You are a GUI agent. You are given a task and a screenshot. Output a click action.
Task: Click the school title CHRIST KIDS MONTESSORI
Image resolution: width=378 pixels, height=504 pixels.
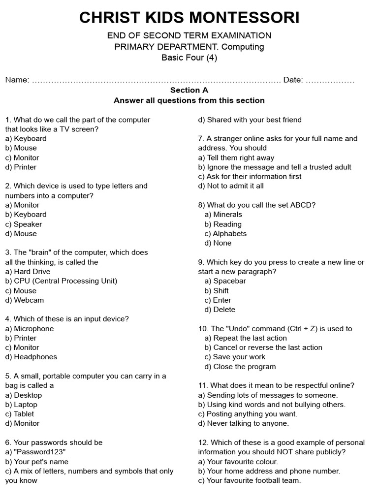point(189,18)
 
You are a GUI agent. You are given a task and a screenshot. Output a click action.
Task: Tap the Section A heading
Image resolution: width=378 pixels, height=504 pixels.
point(189,90)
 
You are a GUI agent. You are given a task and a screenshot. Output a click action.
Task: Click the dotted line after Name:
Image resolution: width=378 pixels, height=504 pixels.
point(157,80)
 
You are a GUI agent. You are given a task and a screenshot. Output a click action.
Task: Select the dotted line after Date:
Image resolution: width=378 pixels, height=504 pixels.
point(330,80)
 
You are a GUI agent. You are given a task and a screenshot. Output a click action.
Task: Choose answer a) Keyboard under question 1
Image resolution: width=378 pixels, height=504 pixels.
point(26,138)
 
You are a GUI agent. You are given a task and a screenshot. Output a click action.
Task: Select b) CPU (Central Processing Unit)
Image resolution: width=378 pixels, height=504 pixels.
point(62,281)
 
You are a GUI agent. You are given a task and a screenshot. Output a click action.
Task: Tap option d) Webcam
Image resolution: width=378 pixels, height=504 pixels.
point(25,300)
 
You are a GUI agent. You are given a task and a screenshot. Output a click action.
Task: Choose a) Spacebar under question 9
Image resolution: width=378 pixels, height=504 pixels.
point(225,281)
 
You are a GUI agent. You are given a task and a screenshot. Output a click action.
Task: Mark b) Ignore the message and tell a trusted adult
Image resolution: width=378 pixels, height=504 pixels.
point(275,167)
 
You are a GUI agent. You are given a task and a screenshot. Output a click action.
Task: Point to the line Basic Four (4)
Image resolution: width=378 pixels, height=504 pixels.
point(189,58)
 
